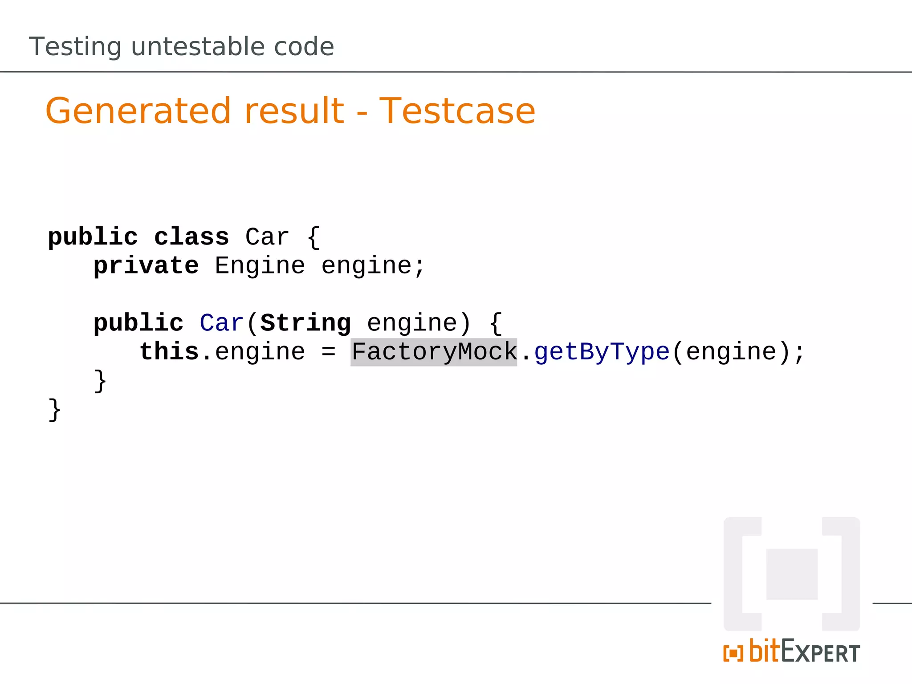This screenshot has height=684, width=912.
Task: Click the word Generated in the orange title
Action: point(138,111)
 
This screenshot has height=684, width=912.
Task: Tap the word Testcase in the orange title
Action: point(457,111)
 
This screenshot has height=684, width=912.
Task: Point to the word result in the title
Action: point(294,111)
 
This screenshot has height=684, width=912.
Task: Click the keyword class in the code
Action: point(191,237)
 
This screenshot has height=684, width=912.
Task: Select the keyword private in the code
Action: point(146,266)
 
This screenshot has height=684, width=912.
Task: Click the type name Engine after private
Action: point(260,266)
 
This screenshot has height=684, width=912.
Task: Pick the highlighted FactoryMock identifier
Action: point(434,352)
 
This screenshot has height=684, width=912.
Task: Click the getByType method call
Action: point(602,352)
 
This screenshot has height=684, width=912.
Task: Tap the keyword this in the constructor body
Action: point(169,352)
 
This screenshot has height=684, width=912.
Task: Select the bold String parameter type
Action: point(305,323)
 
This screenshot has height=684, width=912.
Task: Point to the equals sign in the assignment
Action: point(328,352)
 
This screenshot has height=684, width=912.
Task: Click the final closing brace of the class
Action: point(54,410)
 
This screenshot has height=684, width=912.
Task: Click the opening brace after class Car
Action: point(313,237)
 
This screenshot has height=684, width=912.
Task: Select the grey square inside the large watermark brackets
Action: point(792,574)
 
